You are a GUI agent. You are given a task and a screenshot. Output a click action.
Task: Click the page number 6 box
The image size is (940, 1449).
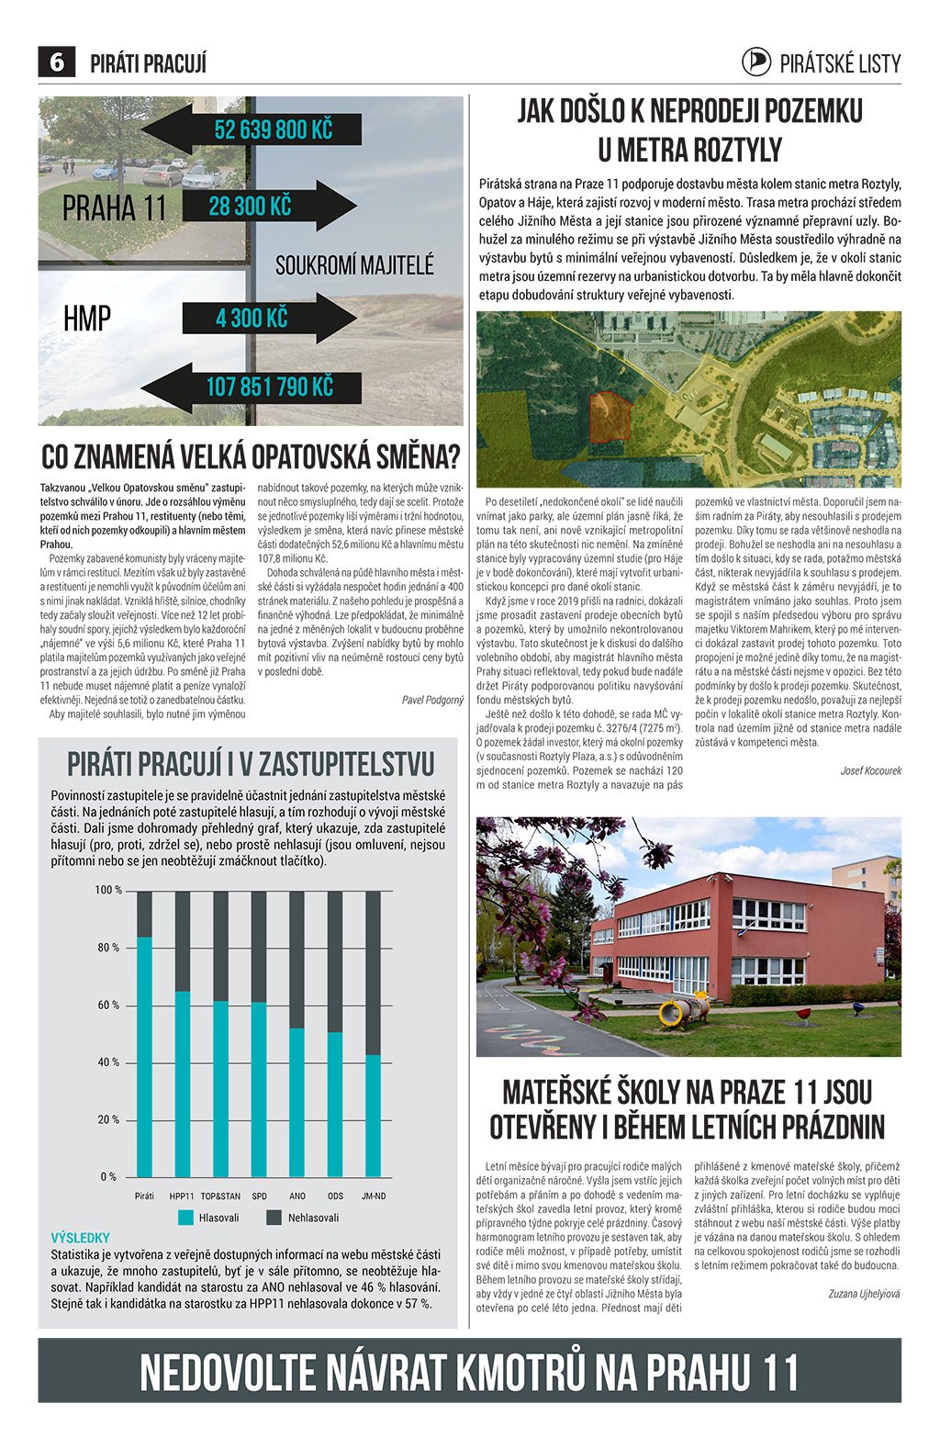pyautogui.click(x=57, y=62)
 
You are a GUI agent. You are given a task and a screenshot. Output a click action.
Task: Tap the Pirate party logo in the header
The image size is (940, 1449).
pyautogui.click(x=756, y=62)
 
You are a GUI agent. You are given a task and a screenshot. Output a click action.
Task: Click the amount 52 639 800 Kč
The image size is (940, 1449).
pyautogui.click(x=273, y=129)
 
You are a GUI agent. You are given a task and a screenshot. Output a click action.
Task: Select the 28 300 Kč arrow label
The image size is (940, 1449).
pyautogui.click(x=250, y=206)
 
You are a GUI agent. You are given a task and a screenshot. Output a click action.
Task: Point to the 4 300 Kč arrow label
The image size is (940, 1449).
pyautogui.click(x=252, y=318)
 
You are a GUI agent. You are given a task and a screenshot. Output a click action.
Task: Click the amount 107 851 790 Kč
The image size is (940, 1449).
pyautogui.click(x=269, y=387)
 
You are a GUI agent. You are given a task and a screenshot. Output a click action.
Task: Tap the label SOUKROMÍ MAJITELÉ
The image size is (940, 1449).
pyautogui.click(x=354, y=265)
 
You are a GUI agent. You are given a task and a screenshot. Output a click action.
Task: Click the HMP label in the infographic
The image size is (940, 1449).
pyautogui.click(x=87, y=319)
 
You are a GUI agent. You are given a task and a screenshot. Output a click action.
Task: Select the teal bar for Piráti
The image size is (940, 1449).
pyautogui.click(x=145, y=1056)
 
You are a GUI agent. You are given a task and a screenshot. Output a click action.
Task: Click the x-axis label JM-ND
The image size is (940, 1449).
pyautogui.click(x=374, y=1196)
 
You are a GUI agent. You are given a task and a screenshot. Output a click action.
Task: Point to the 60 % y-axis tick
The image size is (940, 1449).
pyautogui.click(x=108, y=1005)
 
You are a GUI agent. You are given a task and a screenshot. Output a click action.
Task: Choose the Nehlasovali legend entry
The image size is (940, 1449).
pyautogui.click(x=302, y=1218)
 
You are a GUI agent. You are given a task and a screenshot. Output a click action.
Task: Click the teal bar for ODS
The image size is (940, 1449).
pyautogui.click(x=335, y=1104)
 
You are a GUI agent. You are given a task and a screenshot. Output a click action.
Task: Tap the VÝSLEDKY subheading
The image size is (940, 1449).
pyautogui.click(x=81, y=1237)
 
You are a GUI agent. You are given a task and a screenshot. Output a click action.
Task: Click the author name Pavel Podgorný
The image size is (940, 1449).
pyautogui.click(x=432, y=700)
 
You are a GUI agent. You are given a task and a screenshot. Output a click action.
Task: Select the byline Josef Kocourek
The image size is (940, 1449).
pyautogui.click(x=870, y=770)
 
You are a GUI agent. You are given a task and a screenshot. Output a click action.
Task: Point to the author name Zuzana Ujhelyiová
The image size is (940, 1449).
pyautogui.click(x=864, y=1293)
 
